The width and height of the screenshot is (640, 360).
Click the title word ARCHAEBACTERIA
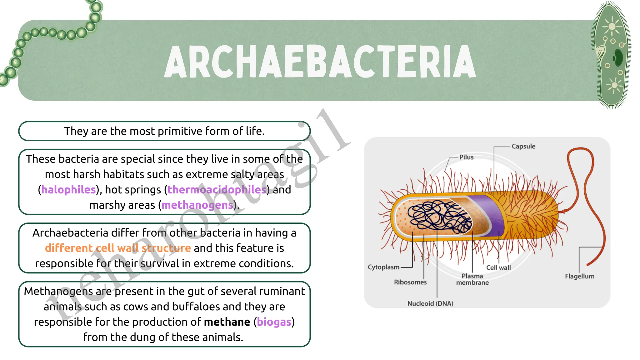coord(320,61)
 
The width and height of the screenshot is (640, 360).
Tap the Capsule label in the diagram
coord(523,146)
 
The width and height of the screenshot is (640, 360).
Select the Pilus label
coord(466,157)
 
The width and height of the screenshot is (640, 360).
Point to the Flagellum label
coord(579,276)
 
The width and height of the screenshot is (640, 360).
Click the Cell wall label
coord(498,267)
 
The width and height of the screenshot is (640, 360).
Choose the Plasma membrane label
coord(472,279)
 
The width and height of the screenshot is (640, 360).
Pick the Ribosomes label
coord(410,282)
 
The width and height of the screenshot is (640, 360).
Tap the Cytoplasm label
coord(383,267)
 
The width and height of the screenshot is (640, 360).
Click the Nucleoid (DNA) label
coord(430,303)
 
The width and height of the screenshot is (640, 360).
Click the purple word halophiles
coord(68,190)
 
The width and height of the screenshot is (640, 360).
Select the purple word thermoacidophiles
coord(217,190)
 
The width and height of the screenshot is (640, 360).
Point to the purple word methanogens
coord(197,205)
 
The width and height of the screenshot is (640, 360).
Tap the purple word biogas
coord(274,322)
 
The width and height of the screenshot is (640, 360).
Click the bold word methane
coord(227,322)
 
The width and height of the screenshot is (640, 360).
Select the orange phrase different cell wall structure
coord(118,248)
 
